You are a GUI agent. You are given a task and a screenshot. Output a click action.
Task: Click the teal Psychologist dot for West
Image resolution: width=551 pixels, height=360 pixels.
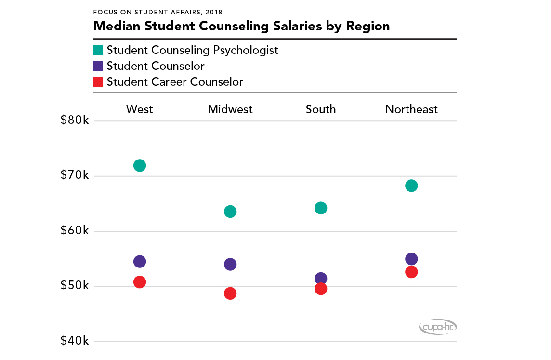click(140, 166)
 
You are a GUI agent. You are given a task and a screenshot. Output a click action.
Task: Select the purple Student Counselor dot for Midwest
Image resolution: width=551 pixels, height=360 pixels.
click(230, 264)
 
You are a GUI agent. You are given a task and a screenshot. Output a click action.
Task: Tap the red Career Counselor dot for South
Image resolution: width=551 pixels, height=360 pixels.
click(321, 289)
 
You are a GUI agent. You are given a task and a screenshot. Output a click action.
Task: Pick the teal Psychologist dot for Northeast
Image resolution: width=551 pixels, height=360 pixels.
click(411, 186)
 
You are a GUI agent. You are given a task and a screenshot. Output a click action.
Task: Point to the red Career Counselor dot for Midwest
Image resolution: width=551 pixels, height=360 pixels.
click(230, 293)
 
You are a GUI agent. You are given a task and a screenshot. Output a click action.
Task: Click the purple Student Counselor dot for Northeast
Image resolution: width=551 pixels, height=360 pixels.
click(411, 259)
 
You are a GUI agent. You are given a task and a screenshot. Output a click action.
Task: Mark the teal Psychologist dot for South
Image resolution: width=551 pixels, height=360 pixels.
click(321, 208)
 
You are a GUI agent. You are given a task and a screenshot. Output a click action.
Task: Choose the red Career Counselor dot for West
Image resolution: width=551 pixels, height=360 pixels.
click(140, 282)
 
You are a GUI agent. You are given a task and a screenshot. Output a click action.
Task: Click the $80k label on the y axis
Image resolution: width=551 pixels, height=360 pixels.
click(75, 120)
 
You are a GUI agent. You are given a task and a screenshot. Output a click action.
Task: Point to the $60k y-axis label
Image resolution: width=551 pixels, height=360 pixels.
click(75, 231)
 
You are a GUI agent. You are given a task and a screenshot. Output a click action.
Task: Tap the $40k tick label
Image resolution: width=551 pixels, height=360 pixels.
click(75, 341)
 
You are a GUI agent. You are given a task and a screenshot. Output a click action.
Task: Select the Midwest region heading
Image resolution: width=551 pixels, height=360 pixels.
click(230, 109)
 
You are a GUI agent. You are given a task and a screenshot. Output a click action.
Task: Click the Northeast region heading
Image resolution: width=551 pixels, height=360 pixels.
click(411, 109)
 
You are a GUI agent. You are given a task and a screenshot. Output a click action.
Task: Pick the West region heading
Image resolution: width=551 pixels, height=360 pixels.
click(140, 109)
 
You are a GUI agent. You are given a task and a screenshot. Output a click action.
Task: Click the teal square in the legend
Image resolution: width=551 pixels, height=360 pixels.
click(98, 50)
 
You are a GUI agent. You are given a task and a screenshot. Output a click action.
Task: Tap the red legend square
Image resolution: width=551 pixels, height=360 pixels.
click(98, 82)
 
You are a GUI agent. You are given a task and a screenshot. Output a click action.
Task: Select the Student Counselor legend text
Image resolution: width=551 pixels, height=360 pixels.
click(156, 66)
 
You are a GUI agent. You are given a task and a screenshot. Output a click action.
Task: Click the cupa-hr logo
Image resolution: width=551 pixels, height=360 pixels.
click(437, 327)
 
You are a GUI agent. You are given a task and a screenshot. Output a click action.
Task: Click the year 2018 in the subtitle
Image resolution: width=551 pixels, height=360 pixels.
click(213, 11)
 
